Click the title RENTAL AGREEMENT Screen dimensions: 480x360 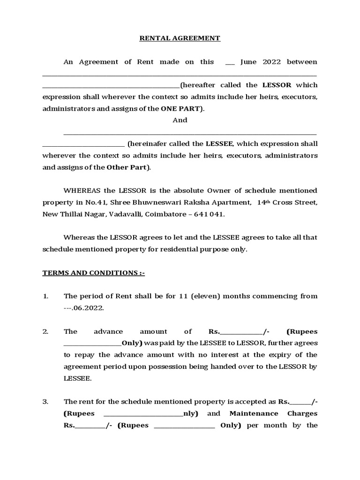pos(180,38)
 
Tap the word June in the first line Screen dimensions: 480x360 pos(249,62)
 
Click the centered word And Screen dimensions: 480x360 pos(180,120)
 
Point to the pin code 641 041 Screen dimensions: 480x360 pos(208,214)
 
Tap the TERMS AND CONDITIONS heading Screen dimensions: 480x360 pos(94,273)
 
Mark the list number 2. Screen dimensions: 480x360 pos(45,331)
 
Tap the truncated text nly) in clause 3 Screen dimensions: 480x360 pos(191,413)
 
